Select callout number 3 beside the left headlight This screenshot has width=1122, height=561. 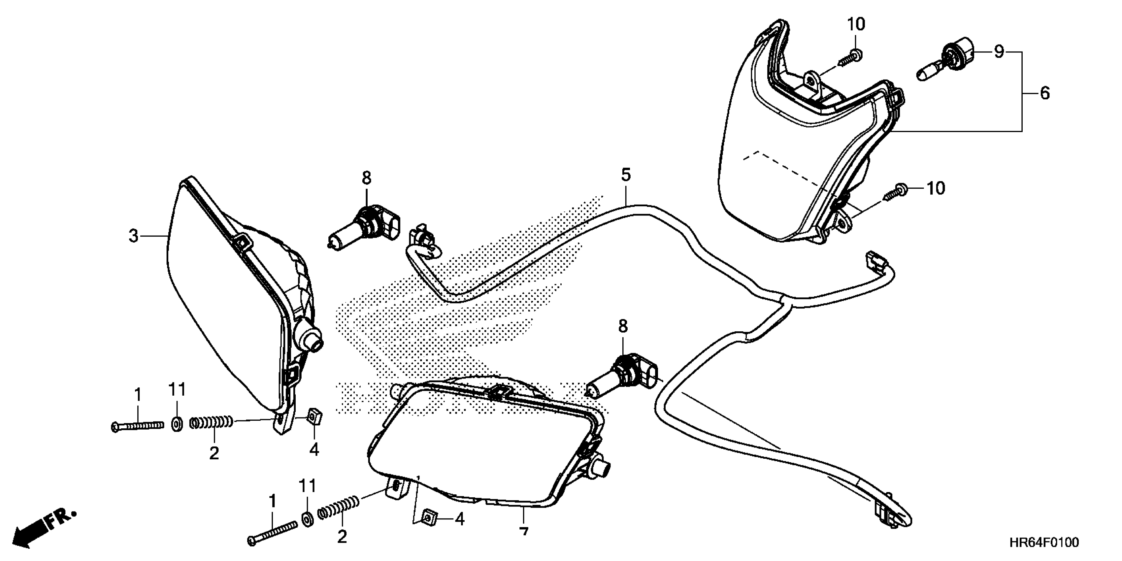tap(133, 236)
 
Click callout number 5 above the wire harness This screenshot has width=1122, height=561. tap(625, 175)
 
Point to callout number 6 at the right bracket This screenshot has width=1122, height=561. tap(1044, 93)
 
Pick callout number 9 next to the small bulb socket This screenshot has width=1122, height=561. tap(999, 52)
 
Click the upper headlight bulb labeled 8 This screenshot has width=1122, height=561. tap(366, 226)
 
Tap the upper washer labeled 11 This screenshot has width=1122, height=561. tap(177, 424)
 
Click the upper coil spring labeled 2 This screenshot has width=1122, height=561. tap(211, 422)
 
